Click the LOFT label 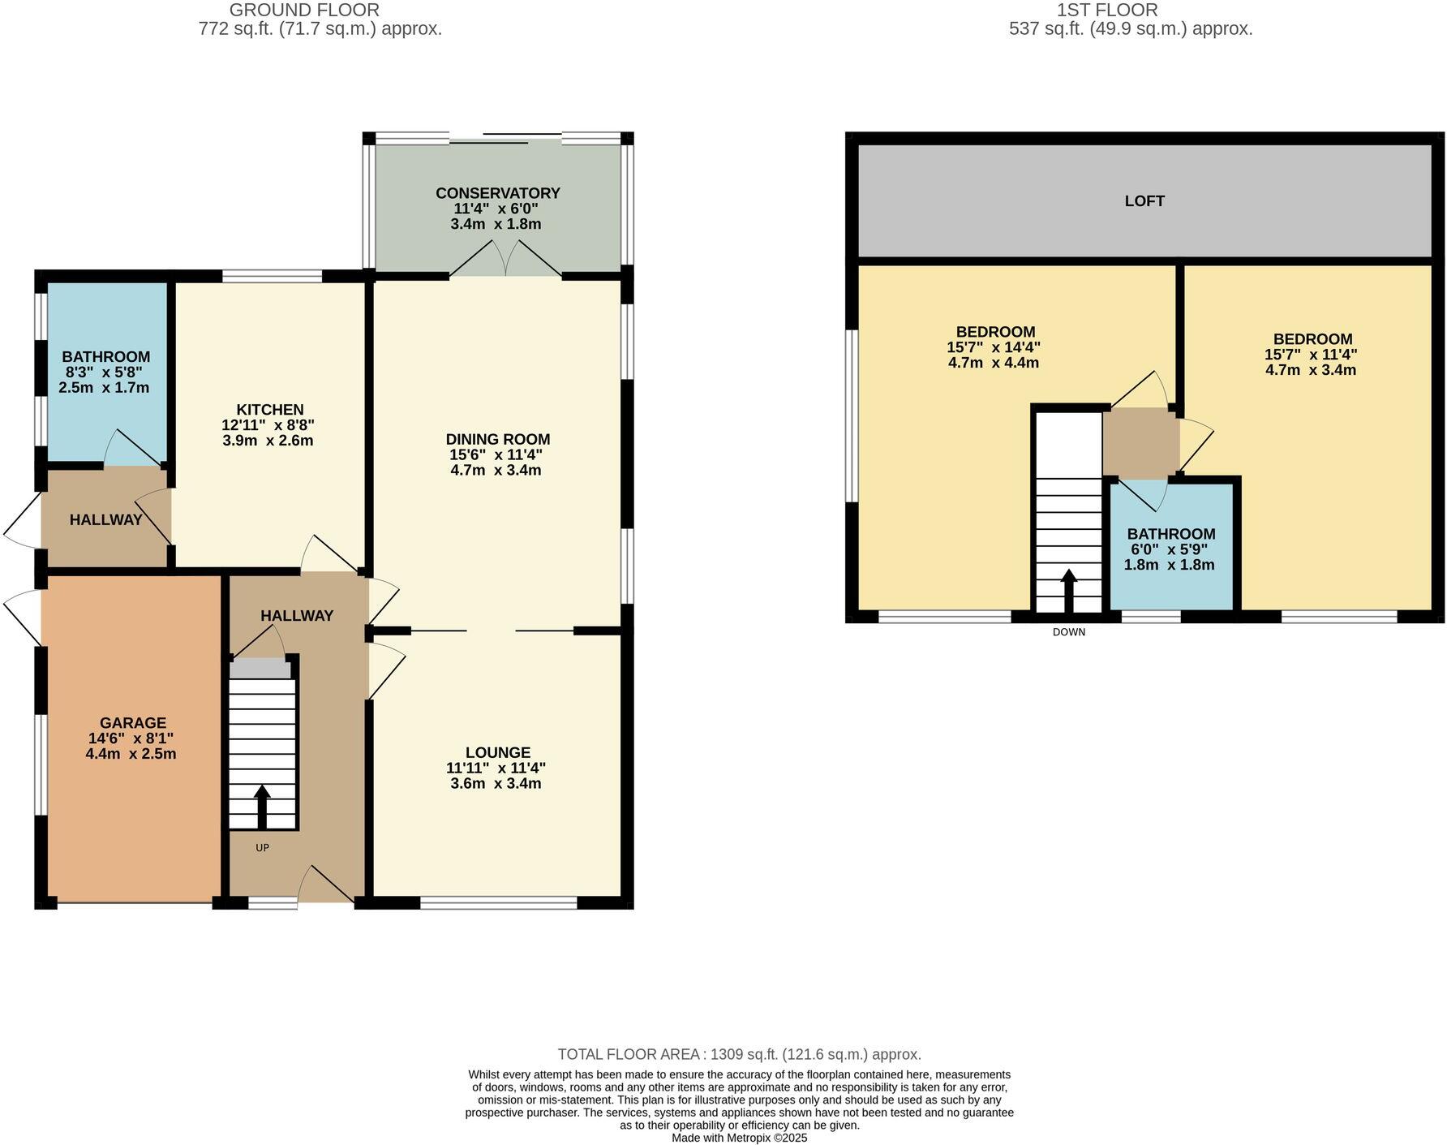click(1144, 201)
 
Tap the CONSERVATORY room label click(497, 193)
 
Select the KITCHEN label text click(269, 410)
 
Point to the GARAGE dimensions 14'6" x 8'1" click(131, 738)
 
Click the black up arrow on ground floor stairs click(262, 804)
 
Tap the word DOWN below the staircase click(1068, 632)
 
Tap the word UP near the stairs click(262, 848)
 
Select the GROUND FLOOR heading click(304, 11)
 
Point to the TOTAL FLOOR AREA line click(739, 1054)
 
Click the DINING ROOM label click(497, 440)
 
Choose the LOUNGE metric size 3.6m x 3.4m click(496, 784)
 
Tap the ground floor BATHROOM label click(105, 357)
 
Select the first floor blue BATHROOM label click(1170, 534)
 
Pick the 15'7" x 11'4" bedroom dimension click(1310, 355)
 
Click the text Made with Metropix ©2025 click(739, 1139)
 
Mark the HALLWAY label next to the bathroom click(105, 520)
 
